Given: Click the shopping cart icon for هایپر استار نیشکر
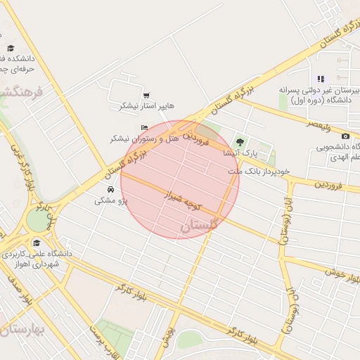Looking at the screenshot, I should coord(146,96).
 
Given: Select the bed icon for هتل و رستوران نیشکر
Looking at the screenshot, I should coord(144,128).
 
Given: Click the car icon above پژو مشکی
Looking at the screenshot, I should coord(110,190).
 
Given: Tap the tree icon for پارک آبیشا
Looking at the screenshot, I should coord(240,143).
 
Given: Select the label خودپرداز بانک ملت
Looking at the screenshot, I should coord(254,171).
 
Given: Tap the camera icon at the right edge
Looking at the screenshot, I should coord(345,136).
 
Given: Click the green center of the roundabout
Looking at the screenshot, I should coord(36,221).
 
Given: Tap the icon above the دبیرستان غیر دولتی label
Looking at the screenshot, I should coord(321,79).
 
